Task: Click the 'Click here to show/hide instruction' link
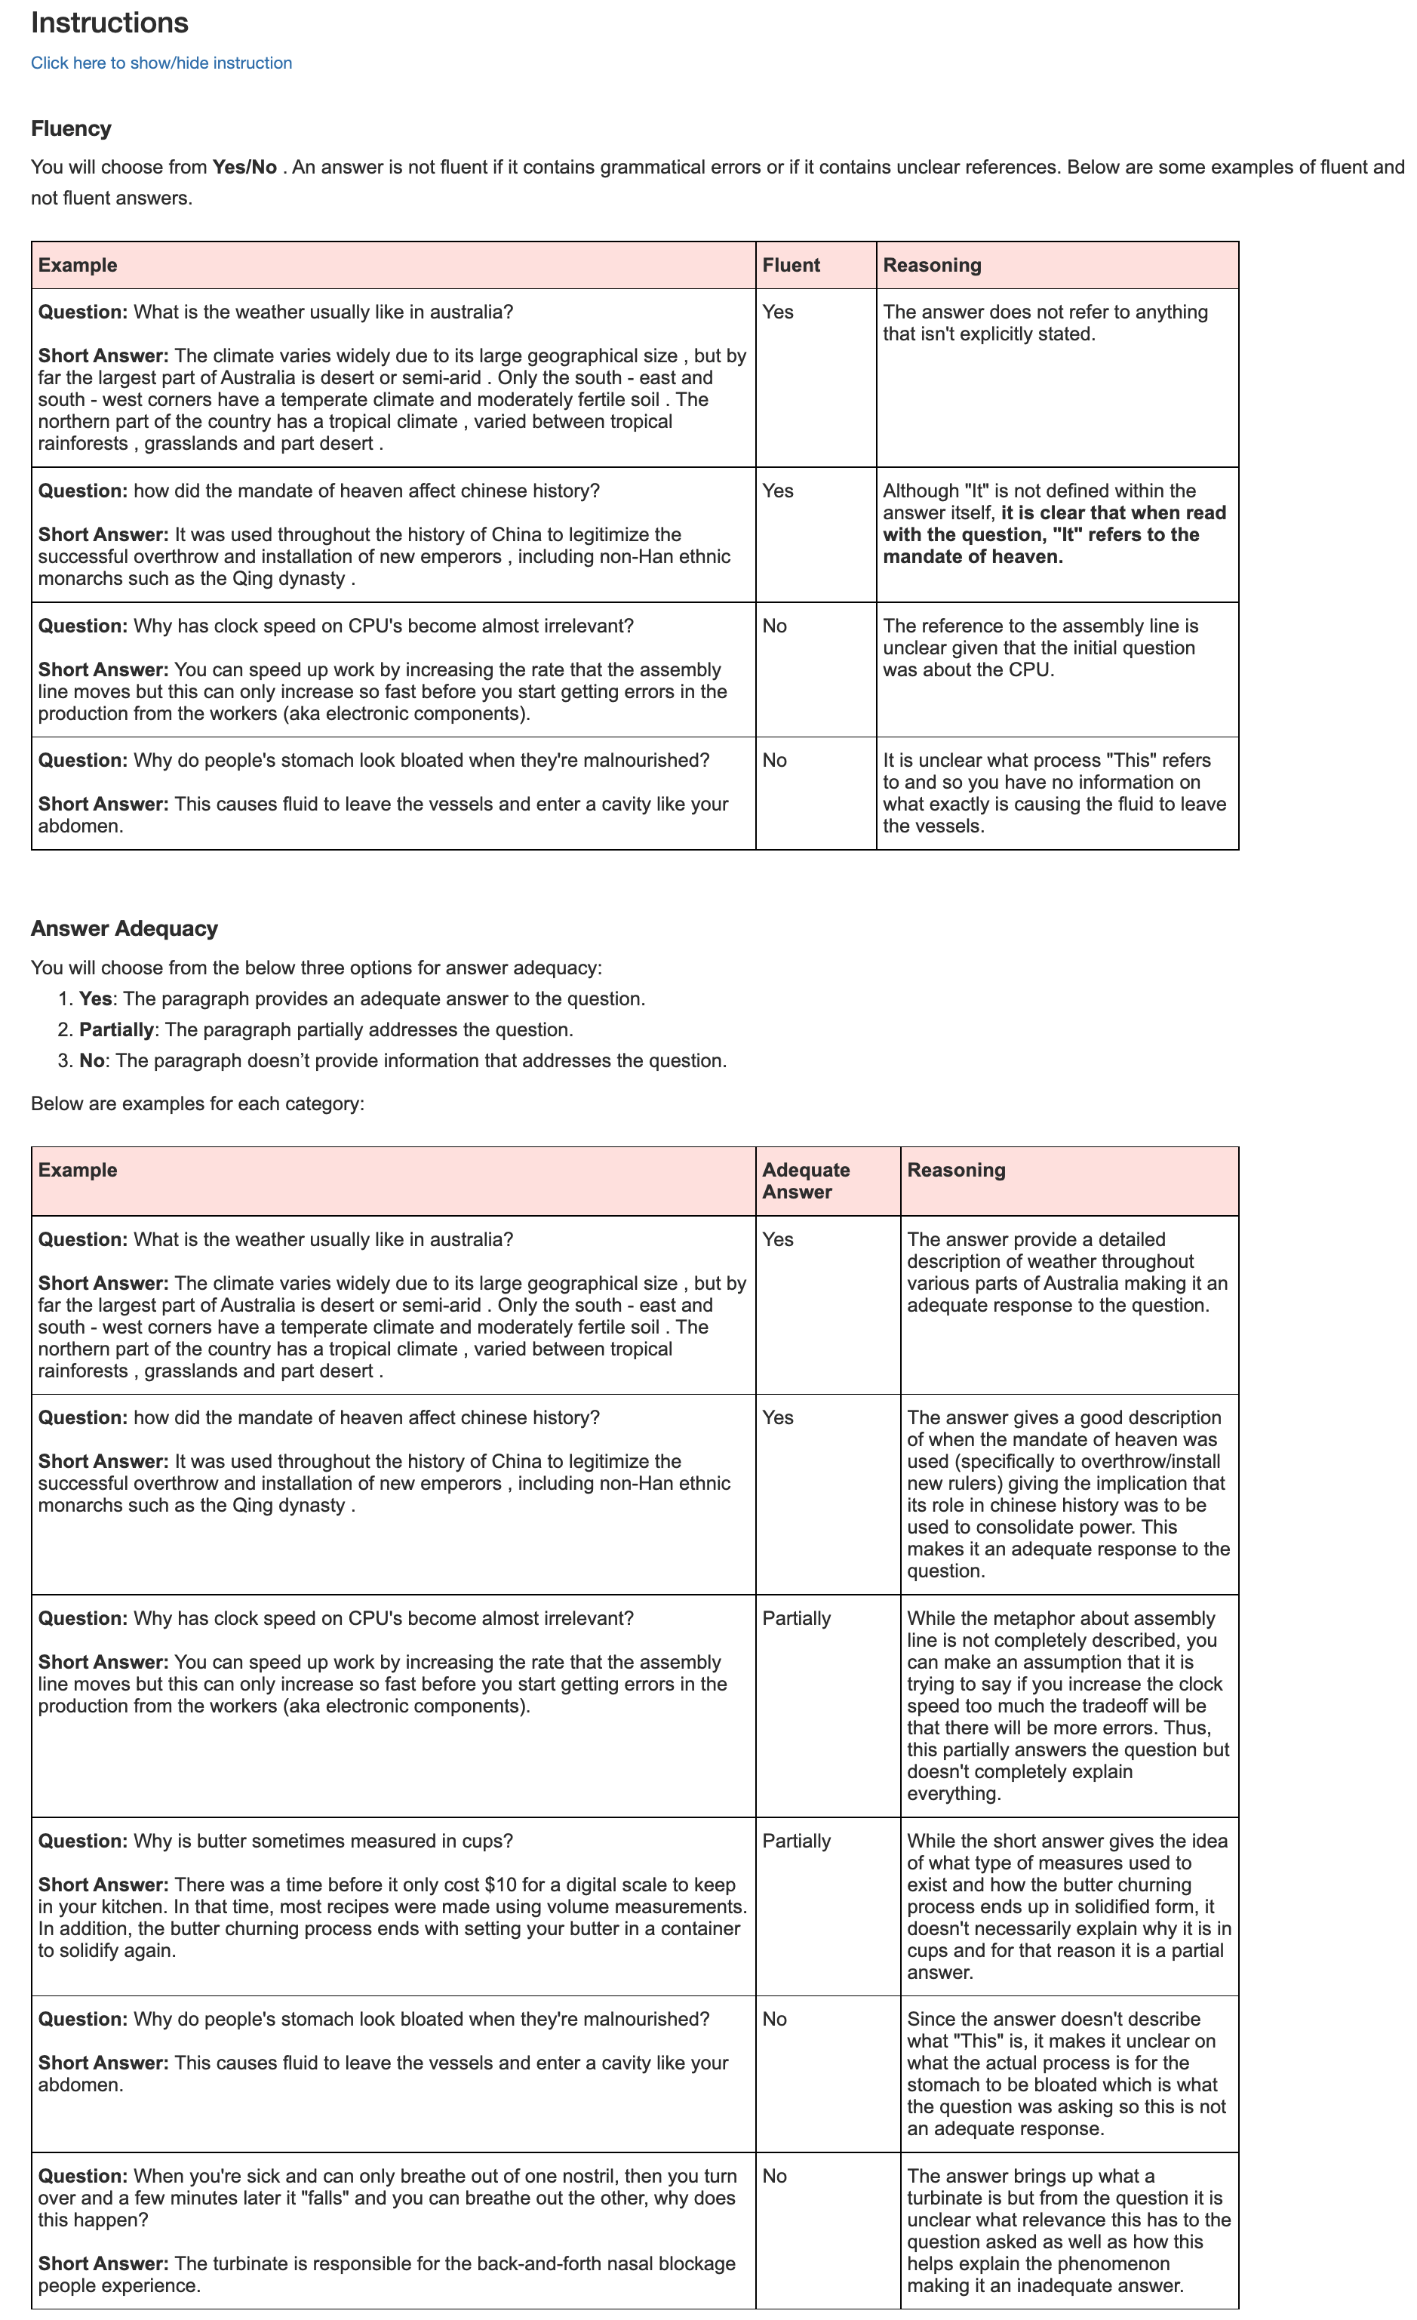(x=161, y=63)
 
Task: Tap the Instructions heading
(x=109, y=23)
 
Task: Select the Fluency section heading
(x=71, y=128)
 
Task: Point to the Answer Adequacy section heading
(x=124, y=928)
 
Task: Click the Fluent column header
(x=791, y=266)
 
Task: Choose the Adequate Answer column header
(x=806, y=1180)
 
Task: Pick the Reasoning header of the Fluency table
(x=932, y=266)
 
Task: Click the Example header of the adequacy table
(x=77, y=1171)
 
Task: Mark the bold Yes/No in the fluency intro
(x=244, y=168)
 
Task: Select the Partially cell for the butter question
(x=797, y=1841)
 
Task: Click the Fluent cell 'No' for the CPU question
(x=774, y=626)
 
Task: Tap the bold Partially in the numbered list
(x=115, y=1030)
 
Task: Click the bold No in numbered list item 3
(x=91, y=1061)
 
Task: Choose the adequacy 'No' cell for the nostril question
(x=774, y=2176)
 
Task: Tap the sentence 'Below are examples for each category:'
(x=198, y=1103)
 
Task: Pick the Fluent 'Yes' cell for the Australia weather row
(x=778, y=312)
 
